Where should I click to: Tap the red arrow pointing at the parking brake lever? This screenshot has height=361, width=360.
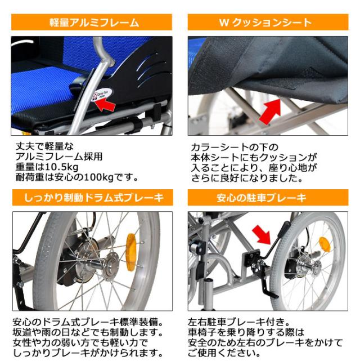[263, 233]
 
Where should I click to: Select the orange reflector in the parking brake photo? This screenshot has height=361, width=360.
[325, 244]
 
